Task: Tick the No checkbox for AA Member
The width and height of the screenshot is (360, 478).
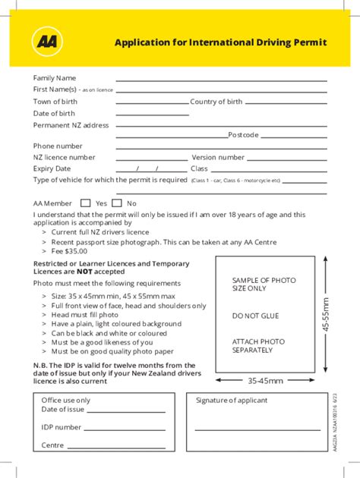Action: coord(117,203)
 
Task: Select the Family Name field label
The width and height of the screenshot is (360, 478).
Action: coord(54,77)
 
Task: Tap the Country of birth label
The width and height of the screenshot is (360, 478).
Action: coord(216,102)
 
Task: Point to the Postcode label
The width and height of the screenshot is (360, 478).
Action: coord(244,135)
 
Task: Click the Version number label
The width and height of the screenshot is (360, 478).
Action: coord(218,157)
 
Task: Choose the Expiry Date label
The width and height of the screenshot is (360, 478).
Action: coord(52,168)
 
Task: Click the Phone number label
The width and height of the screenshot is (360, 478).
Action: coord(58,146)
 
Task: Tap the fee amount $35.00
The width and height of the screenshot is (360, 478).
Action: coord(76,251)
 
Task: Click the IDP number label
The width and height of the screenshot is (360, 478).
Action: coord(62,427)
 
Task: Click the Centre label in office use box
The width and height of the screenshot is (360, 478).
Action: coord(52,445)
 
